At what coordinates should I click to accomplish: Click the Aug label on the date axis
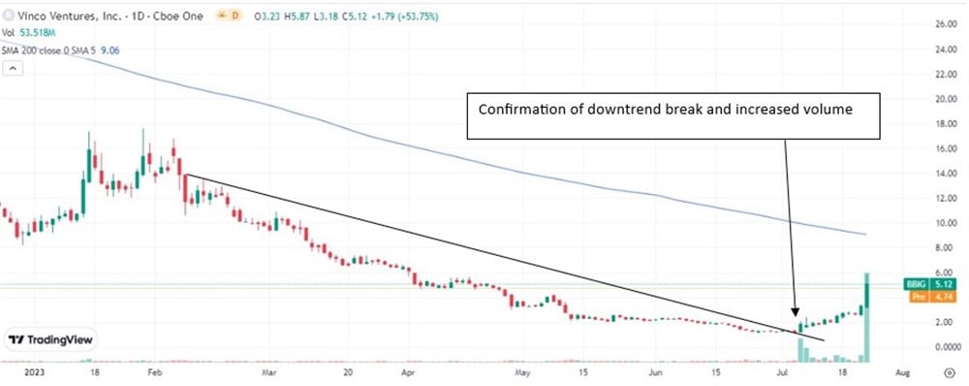[x=900, y=371]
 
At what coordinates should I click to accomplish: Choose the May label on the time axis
[x=523, y=371]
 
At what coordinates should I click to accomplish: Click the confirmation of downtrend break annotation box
[x=675, y=110]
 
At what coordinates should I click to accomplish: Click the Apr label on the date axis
[x=408, y=371]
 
